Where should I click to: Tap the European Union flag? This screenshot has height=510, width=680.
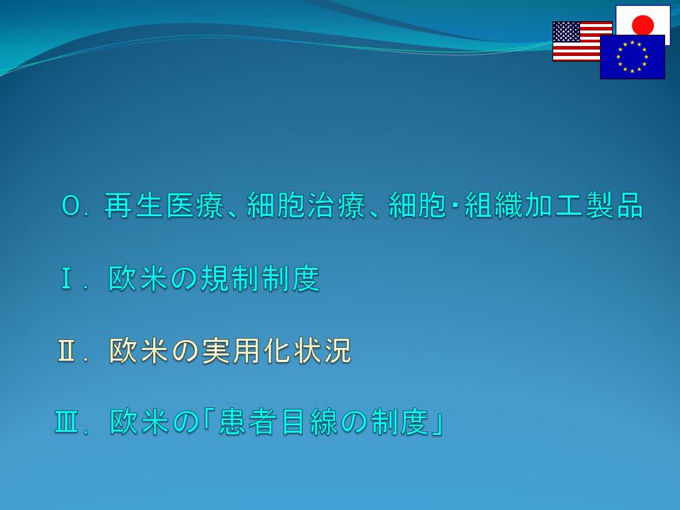pyautogui.click(x=633, y=57)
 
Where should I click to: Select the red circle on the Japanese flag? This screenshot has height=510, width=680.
pyautogui.click(x=642, y=25)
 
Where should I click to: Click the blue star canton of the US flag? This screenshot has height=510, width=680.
pyautogui.click(x=567, y=32)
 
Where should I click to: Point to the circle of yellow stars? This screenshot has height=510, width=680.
pyautogui.click(x=633, y=57)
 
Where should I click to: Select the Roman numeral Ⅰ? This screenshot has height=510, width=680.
pyautogui.click(x=67, y=278)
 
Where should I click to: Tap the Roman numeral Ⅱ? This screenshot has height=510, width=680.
pyautogui.click(x=67, y=351)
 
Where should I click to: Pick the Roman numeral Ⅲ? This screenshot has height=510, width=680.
pyautogui.click(x=67, y=422)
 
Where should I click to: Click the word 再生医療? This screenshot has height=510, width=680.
pyautogui.click(x=164, y=205)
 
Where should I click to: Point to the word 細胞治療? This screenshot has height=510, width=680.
pyautogui.click(x=306, y=205)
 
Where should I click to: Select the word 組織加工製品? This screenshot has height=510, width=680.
pyautogui.click(x=554, y=205)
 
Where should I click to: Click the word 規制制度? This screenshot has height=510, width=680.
pyautogui.click(x=260, y=278)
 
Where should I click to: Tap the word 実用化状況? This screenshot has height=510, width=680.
pyautogui.click(x=276, y=351)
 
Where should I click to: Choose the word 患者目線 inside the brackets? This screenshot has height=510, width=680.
pyautogui.click(x=278, y=422)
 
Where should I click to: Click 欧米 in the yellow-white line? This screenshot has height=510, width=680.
pyautogui.click(x=138, y=351)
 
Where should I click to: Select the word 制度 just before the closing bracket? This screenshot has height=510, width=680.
pyautogui.click(x=400, y=422)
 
